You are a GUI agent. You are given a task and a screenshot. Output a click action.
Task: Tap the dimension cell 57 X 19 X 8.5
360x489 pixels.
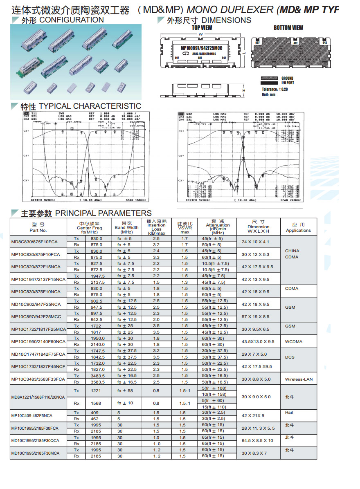pos(255,316)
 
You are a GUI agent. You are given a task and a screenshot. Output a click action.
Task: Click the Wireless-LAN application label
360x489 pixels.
pos(299,379)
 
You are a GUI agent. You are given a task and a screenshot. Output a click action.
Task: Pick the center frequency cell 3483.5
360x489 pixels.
pos(97,376)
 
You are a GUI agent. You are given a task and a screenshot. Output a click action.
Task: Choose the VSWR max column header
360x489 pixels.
pos(184,228)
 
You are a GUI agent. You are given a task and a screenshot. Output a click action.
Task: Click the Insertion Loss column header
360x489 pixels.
pos(156,227)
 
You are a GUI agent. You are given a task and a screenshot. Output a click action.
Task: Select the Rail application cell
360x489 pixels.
pos(289,413)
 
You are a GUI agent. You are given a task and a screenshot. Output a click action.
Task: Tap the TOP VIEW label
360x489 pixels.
pos(202,28)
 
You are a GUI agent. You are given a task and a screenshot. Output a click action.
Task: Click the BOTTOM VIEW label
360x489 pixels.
pos(288,28)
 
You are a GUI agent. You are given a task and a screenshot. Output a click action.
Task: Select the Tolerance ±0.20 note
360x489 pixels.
pos(275,89)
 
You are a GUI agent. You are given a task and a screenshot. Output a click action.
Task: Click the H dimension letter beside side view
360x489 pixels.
pos(244,90)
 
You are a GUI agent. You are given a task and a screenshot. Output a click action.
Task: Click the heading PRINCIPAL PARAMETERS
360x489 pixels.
pos(103,213)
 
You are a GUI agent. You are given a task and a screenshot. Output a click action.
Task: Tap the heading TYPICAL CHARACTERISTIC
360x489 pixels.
pos(90,106)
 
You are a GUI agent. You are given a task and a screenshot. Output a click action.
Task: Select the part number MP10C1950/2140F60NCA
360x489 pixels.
pos(38,341)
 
